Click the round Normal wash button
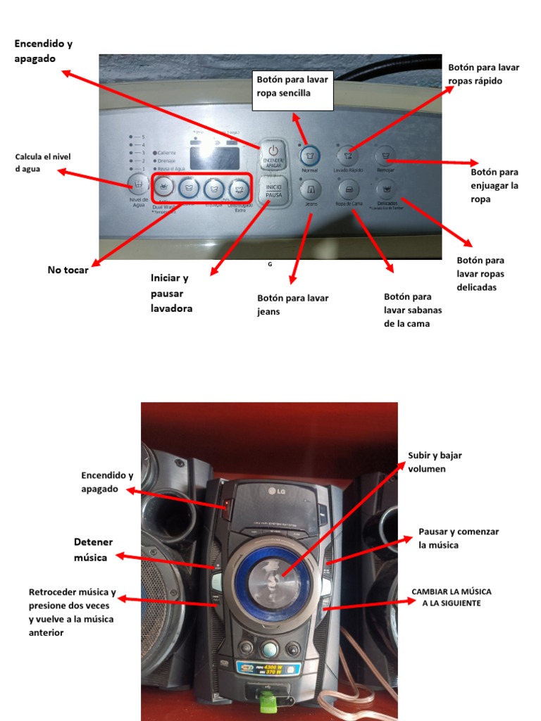[x=309, y=155]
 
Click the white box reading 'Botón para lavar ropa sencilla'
[x=292, y=89]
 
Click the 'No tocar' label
[x=68, y=270]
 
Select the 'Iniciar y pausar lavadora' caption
[x=171, y=293]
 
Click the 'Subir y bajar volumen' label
[x=435, y=462]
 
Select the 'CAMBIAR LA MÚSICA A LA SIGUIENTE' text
[x=451, y=597]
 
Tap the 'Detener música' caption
[x=93, y=549]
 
